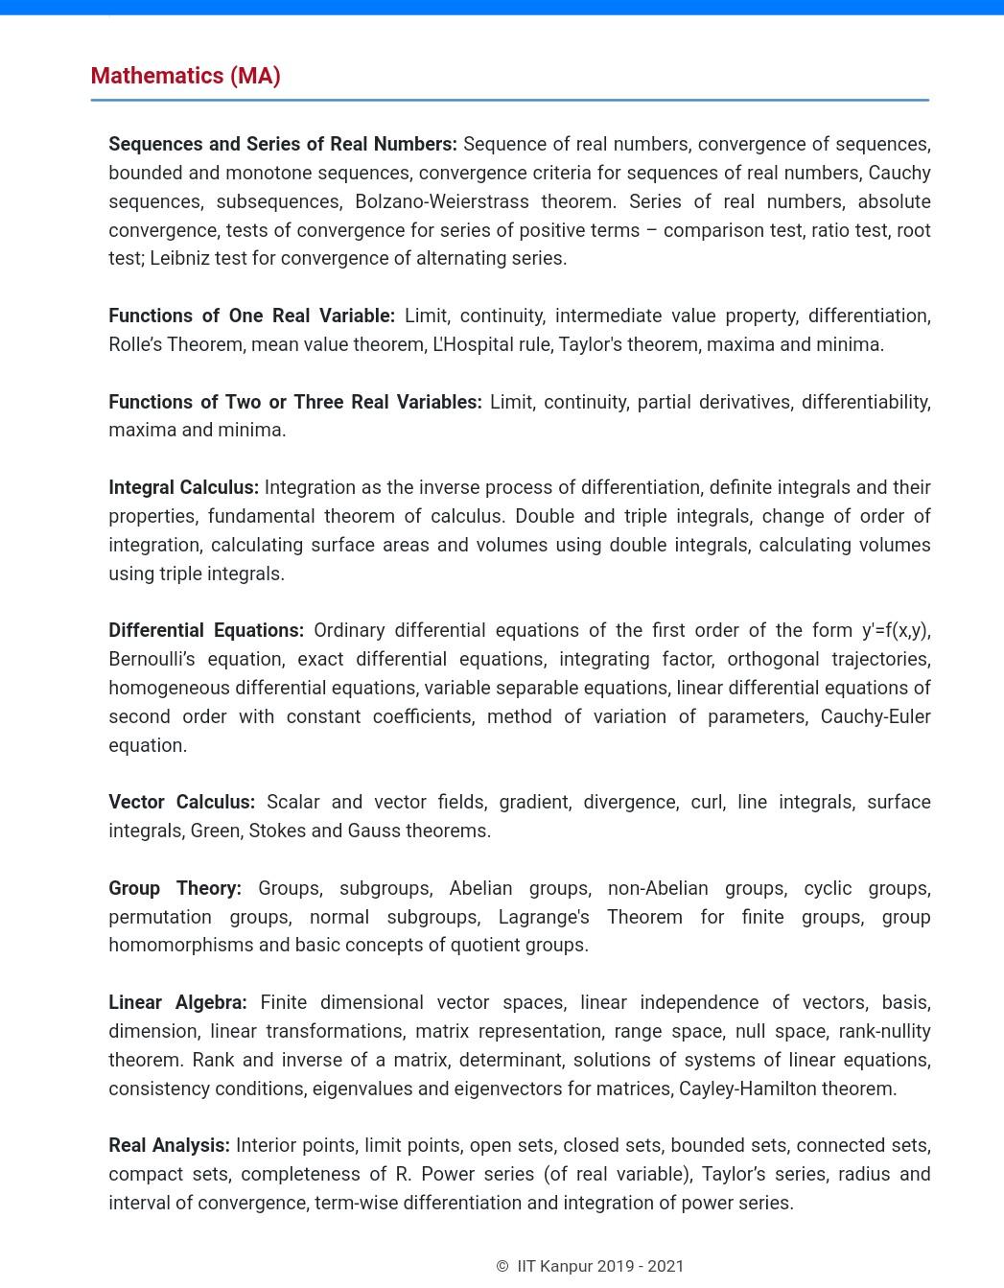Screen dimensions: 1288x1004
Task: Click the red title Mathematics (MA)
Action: tap(185, 76)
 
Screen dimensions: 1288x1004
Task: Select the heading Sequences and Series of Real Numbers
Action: tap(282, 144)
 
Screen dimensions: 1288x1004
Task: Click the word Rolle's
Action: tap(135, 344)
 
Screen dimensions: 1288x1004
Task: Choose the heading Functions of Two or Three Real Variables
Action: tap(294, 402)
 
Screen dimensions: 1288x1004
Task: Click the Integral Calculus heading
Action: tap(183, 487)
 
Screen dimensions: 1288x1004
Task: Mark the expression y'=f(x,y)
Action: tap(896, 630)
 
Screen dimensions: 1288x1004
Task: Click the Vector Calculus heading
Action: tap(181, 802)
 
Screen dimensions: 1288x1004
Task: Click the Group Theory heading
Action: tap(175, 888)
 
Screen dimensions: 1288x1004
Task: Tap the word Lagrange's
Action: tap(544, 917)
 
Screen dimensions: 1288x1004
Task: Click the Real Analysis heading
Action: tap(169, 1145)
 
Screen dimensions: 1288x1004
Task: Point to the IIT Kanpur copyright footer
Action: tap(590, 1266)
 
